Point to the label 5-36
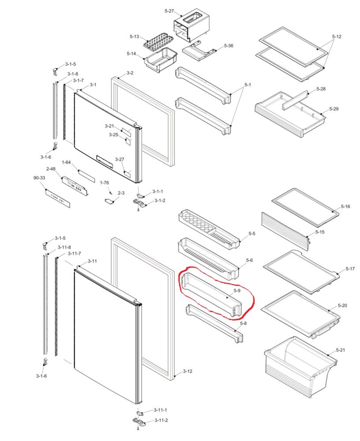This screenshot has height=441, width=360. (229, 46)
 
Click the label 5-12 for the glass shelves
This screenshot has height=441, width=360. (337, 37)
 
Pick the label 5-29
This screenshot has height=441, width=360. (334, 108)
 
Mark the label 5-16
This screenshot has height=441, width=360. (345, 206)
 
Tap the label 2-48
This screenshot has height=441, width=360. (51, 169)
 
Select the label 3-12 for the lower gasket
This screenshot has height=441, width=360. (187, 371)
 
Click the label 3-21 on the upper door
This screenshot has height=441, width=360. (109, 126)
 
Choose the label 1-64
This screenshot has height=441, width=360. (66, 163)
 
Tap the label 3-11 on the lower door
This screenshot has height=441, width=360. (92, 261)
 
